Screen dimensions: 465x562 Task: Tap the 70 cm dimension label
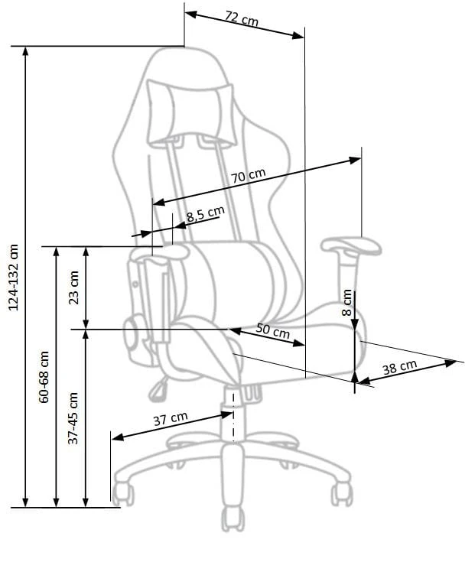pos(248,176)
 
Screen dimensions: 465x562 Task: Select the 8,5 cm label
pos(206,214)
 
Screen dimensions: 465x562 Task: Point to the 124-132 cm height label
pos(13,278)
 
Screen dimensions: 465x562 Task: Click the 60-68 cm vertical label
pos(44,377)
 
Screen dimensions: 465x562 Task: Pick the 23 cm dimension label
pos(74,287)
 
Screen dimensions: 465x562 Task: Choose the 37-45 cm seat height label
pos(73,418)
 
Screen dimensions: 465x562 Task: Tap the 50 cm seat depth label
pos(273,330)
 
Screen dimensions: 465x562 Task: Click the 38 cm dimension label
pos(399,367)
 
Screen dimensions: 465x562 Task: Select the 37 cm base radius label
pos(171,418)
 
